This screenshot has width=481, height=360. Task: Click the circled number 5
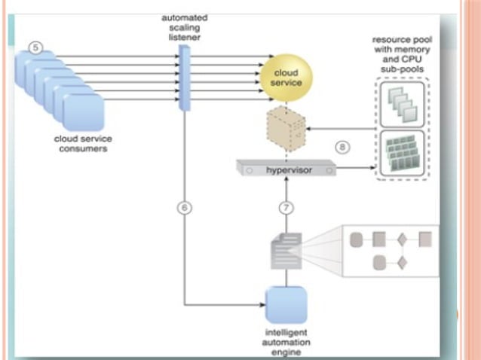[35, 47]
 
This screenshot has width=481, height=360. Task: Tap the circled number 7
[285, 208]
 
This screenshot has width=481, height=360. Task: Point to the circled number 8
[343, 148]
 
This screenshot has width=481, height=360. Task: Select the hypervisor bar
[285, 169]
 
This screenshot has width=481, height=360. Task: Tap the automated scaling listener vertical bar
[183, 78]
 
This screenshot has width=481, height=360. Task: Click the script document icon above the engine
[286, 249]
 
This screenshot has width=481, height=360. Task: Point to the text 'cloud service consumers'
[80, 143]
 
